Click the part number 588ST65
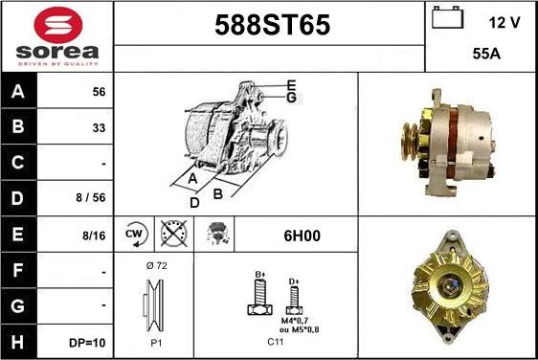[x=273, y=25]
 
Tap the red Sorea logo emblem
[x=58, y=25]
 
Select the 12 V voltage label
[x=504, y=23]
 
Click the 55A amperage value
[x=486, y=54]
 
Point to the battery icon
[x=447, y=17]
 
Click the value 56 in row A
[x=99, y=92]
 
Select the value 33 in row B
[x=99, y=127]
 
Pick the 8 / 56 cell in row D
[x=91, y=197]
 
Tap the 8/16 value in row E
[x=94, y=236]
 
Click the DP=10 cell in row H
[x=87, y=343]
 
